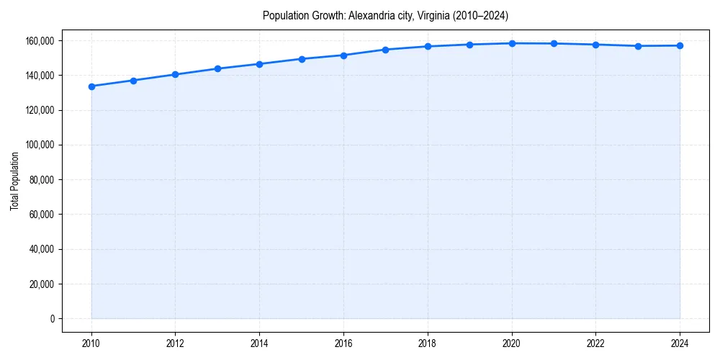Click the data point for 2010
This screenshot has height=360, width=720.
click(x=91, y=86)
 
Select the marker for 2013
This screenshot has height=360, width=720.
click(x=217, y=68)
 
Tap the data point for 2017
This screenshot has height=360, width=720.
click(x=386, y=50)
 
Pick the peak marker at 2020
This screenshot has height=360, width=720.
click(x=512, y=43)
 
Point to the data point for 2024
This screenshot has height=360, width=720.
click(x=680, y=45)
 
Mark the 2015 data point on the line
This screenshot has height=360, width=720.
click(x=302, y=59)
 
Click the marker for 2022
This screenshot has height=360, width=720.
click(x=595, y=45)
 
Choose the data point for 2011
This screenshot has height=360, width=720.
click(x=133, y=81)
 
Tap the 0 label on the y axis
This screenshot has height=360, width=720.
click(x=52, y=319)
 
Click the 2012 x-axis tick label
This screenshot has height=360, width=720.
click(x=175, y=343)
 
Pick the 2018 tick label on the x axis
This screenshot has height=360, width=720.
click(x=428, y=343)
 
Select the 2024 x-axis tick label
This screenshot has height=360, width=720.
click(x=680, y=343)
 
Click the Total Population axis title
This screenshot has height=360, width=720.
click(x=14, y=181)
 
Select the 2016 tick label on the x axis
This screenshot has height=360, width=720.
click(x=343, y=343)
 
